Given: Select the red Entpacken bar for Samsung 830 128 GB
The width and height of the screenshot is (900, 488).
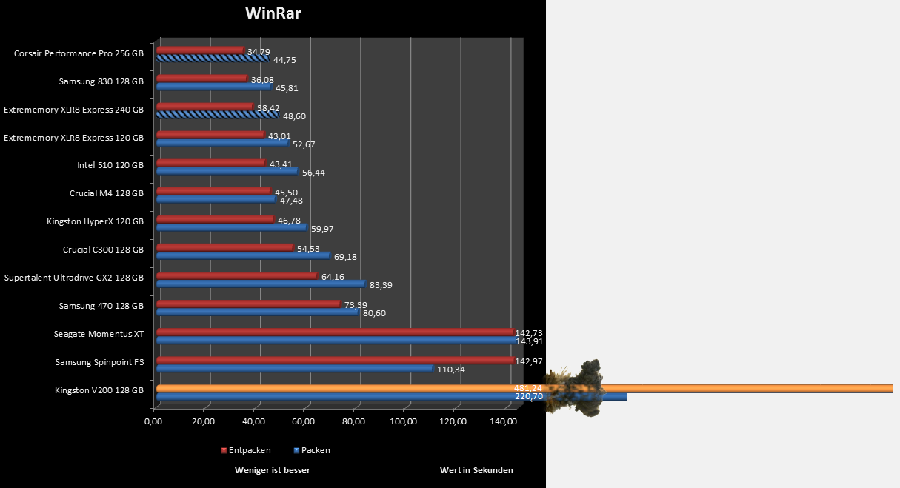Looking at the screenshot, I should (201, 78).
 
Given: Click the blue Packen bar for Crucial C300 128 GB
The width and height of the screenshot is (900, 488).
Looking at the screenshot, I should (242, 255).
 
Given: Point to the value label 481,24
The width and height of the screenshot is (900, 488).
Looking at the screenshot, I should (528, 388).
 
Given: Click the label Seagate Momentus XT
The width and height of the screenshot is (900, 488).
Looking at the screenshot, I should (99, 334).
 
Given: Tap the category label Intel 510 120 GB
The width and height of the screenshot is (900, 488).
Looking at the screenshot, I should (110, 165).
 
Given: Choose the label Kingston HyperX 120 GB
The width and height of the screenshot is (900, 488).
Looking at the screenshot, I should (95, 221).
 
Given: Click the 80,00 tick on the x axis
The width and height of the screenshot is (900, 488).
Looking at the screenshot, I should (354, 422).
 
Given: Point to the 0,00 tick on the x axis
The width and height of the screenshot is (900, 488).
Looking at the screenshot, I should (153, 422).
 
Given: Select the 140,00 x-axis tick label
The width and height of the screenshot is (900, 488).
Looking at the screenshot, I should (504, 422).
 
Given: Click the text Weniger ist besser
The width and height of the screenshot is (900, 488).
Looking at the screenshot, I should (272, 470).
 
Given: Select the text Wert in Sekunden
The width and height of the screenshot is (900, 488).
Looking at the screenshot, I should (476, 470).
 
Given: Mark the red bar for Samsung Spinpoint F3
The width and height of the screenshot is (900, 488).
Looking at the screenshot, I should (335, 361).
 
